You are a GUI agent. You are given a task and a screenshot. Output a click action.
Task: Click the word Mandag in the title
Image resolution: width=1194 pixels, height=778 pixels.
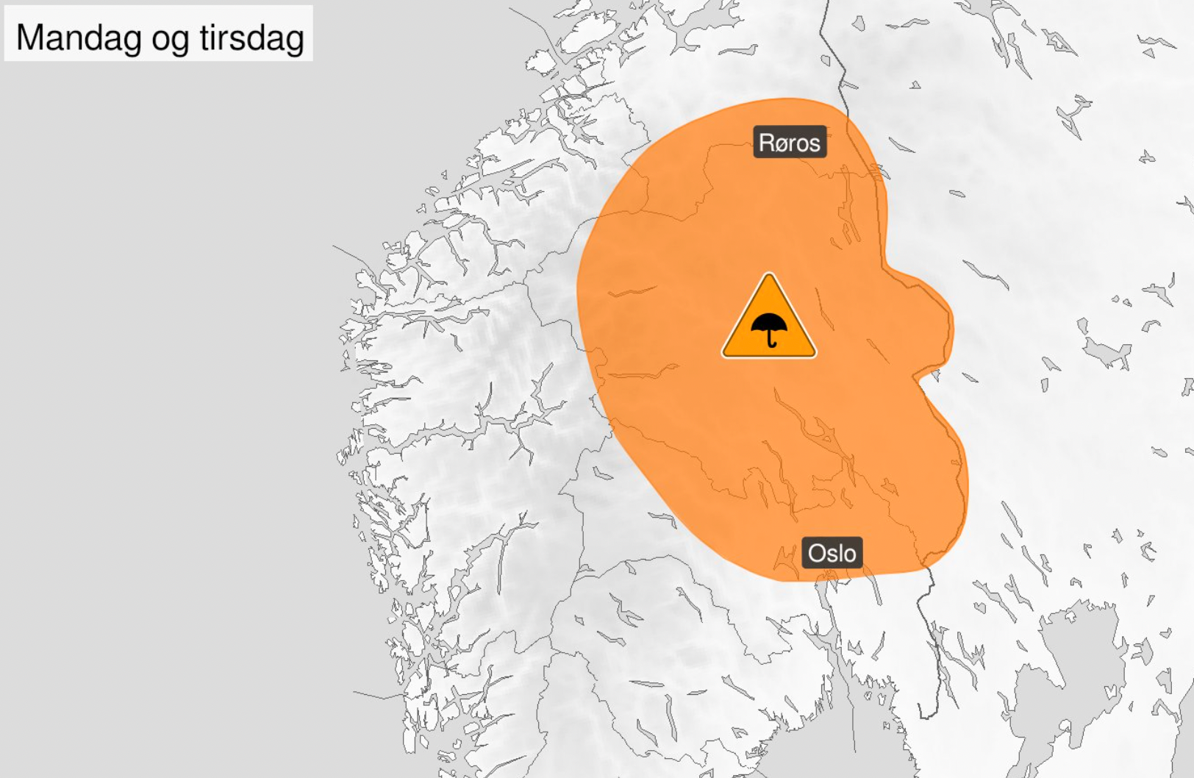point(78,37)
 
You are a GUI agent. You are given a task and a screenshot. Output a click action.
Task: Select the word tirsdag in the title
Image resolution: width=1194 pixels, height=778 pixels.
point(251,37)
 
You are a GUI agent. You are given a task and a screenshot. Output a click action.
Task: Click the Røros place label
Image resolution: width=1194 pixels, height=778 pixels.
point(790,142)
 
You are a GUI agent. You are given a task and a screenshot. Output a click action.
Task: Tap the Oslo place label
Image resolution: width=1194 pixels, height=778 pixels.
point(832,553)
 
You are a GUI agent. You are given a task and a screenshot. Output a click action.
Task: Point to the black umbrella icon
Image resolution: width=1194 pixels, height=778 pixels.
point(769,328)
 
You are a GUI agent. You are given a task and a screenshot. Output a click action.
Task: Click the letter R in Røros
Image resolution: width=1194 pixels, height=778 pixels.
point(766,142)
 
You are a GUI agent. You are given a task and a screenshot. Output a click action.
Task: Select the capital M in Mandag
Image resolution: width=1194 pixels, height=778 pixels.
point(29,37)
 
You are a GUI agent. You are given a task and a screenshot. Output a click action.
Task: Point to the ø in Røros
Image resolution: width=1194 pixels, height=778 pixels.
point(782,143)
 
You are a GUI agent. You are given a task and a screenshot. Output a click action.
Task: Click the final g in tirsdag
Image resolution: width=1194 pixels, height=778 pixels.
point(296,40)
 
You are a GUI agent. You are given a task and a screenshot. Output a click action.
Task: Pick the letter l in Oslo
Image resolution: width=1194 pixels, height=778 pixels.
point(840,553)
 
